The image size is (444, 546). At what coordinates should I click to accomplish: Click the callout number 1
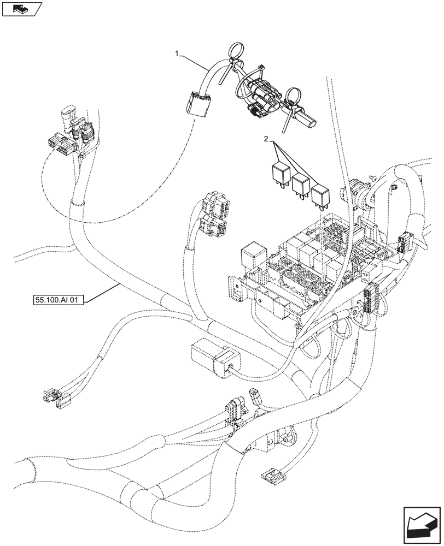[x=176, y=54]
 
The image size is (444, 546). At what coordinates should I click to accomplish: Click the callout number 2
[x=266, y=140]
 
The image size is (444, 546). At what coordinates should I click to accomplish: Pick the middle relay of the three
[x=300, y=185]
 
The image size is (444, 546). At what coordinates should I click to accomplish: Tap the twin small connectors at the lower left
[x=55, y=398]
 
